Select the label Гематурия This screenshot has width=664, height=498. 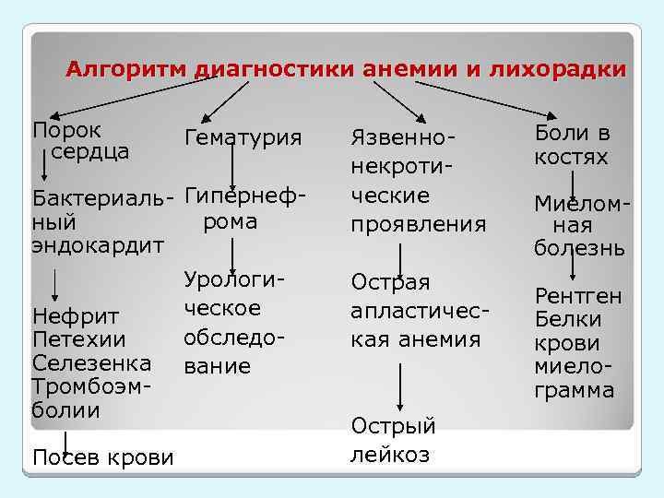pos(243,137)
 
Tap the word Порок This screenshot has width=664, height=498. pos(67,130)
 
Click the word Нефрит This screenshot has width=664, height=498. pos(75,316)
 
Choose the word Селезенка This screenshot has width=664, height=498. pos(91,362)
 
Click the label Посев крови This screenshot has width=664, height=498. pos(102,456)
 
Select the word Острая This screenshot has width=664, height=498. pos(390,281)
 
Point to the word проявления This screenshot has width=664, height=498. pos(418,224)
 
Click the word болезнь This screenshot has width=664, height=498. pos(580,248)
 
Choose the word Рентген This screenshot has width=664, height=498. pos(579,296)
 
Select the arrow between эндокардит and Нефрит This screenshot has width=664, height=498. pos(56,282)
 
